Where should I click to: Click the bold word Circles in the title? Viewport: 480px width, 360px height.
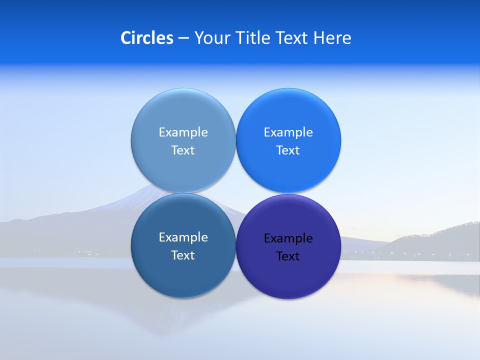click(147, 38)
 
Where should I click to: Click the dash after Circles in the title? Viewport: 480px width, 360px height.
click(183, 38)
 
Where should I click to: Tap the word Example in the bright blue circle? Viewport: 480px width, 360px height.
click(288, 132)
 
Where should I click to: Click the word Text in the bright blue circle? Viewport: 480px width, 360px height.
click(288, 150)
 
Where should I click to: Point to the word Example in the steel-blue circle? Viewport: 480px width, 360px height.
click(183, 132)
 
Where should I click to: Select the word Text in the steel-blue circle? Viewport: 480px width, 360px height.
click(183, 150)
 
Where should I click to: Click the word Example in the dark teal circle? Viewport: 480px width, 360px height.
click(183, 237)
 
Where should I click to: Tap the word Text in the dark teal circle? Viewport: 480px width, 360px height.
click(183, 255)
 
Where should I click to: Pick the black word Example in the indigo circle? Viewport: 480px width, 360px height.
click(288, 238)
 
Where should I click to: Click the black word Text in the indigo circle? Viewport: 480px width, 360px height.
click(288, 256)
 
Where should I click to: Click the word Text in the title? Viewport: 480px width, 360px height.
click(293, 38)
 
